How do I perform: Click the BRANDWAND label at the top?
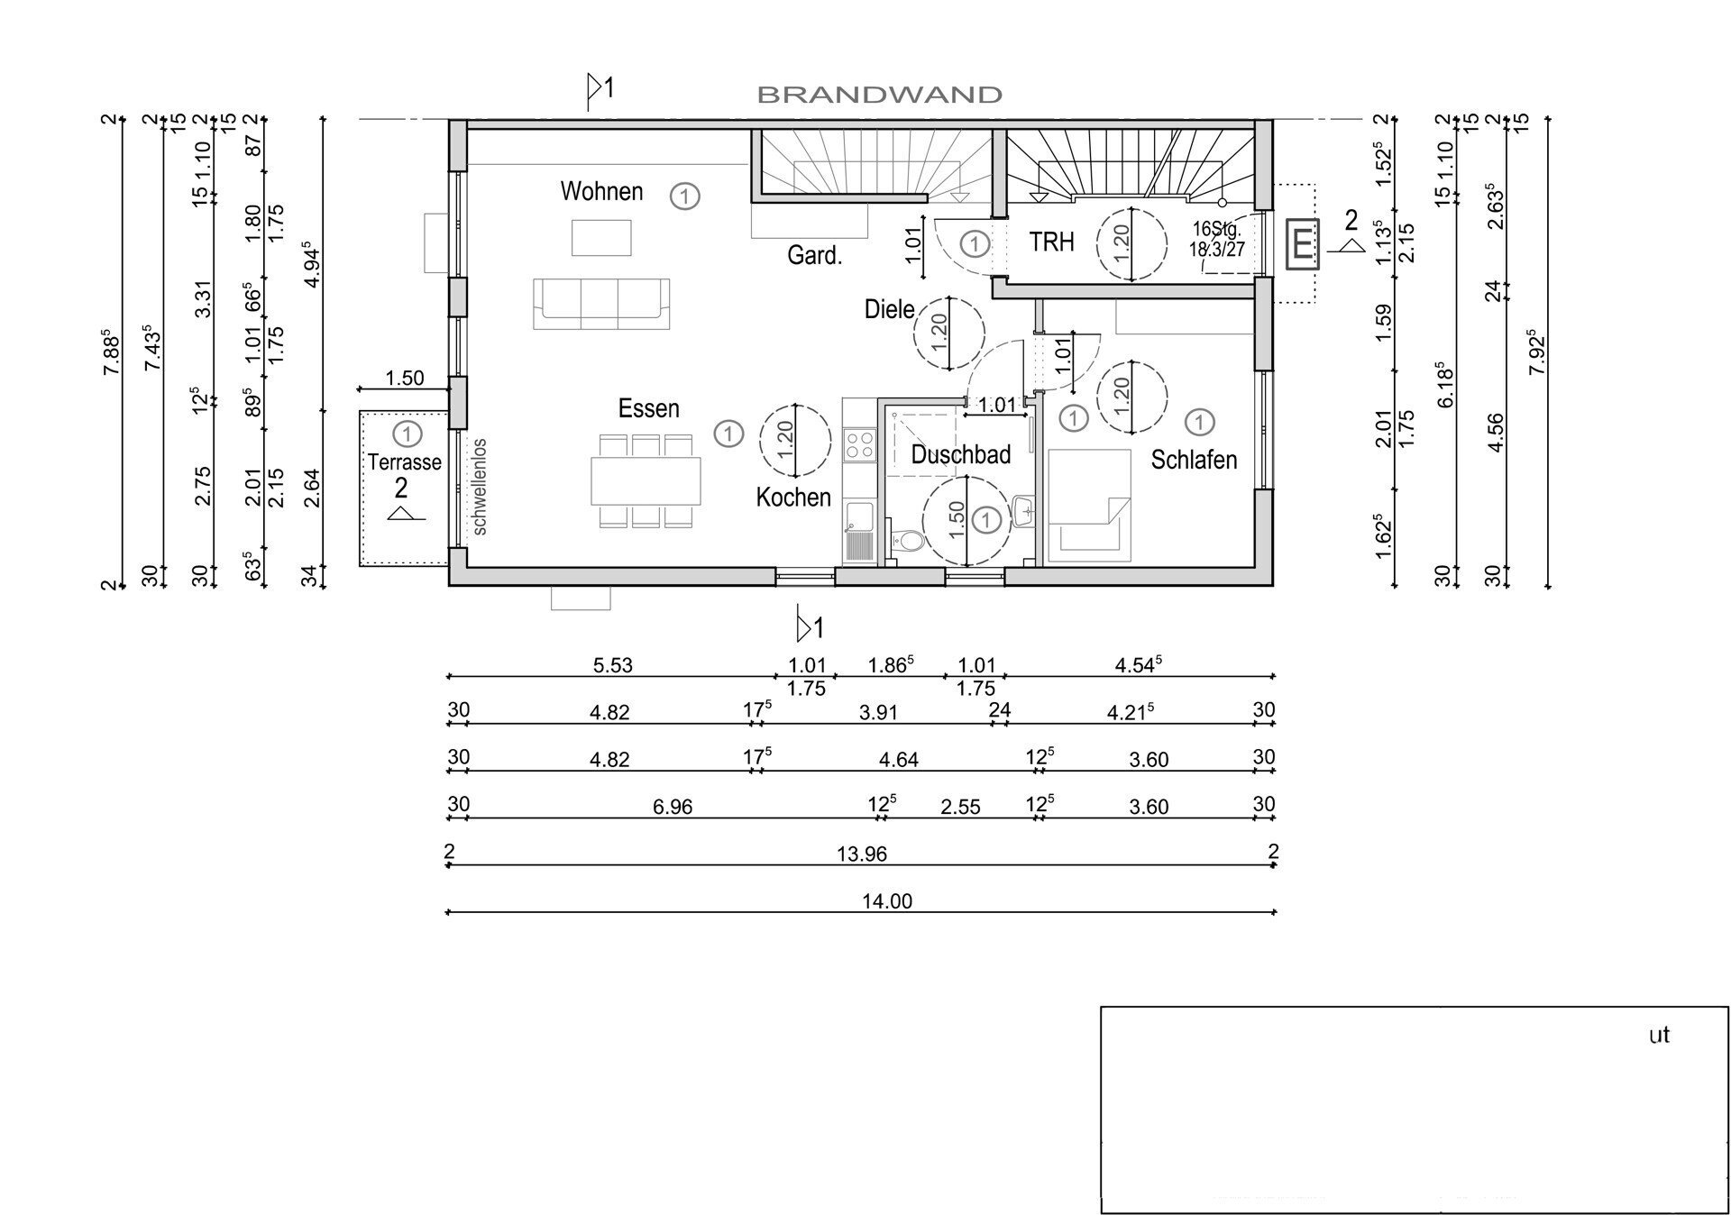[879, 95]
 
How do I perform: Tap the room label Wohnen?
[601, 191]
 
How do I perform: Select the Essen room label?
[648, 408]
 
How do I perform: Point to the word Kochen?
[793, 497]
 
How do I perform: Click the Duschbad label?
[960, 454]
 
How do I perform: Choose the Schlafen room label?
[1194, 460]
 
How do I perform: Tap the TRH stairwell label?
[1051, 242]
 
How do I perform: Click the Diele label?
[889, 309]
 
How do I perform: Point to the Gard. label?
[814, 256]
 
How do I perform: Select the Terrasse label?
[404, 462]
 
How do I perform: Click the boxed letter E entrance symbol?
[1302, 243]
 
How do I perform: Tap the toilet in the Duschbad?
[907, 540]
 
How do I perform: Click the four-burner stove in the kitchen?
[858, 444]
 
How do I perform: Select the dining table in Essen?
[646, 481]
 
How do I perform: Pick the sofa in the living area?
[601, 304]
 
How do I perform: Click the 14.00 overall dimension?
[887, 901]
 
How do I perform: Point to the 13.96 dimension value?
[862, 854]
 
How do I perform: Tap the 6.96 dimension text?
[673, 807]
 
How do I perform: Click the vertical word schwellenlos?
[480, 487]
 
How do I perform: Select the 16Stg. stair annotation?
[1217, 229]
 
